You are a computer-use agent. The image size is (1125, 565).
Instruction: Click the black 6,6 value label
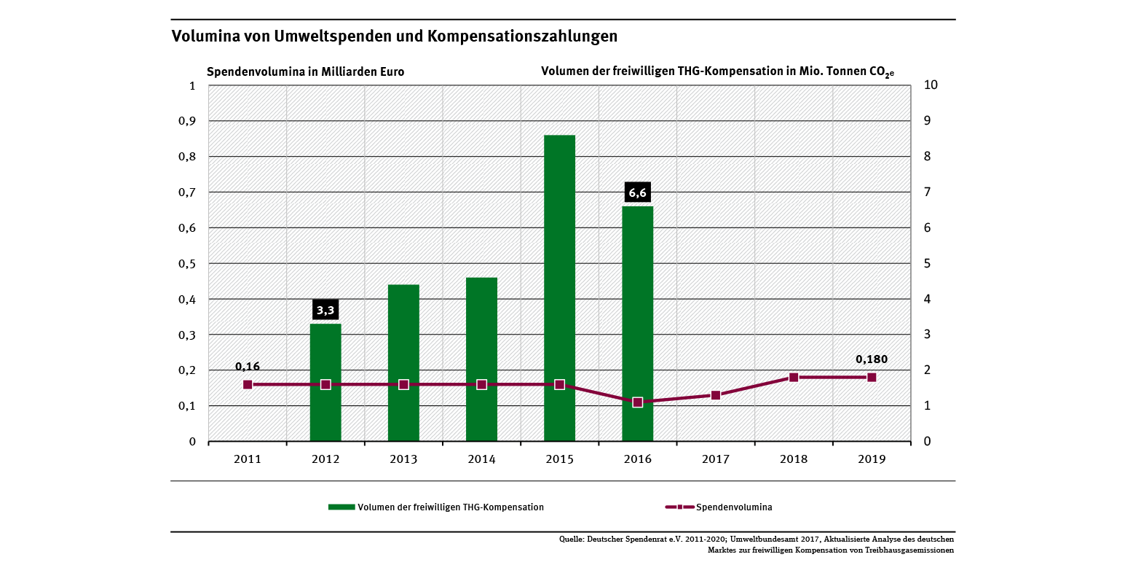[x=637, y=193]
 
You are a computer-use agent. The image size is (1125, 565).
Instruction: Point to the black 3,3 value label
[x=325, y=311]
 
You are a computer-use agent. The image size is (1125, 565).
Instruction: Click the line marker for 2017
[x=716, y=395]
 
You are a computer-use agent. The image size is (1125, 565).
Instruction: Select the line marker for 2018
[x=794, y=378]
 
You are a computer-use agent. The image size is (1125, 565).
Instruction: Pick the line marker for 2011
[x=248, y=384]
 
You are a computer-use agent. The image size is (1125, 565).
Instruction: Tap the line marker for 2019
[x=872, y=378]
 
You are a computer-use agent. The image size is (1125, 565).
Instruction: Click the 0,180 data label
[x=872, y=359]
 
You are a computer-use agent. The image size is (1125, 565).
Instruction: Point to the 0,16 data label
[x=248, y=366]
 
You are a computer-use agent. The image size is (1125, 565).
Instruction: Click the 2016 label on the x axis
[x=637, y=459]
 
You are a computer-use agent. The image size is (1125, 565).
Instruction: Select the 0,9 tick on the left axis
[x=188, y=121]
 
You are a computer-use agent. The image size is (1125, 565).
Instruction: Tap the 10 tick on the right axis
[x=929, y=85]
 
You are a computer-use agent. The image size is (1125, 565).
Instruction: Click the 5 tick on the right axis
[x=926, y=263]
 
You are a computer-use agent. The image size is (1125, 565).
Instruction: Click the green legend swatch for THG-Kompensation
[x=342, y=507]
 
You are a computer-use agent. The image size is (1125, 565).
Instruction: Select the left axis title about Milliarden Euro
[x=305, y=72]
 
